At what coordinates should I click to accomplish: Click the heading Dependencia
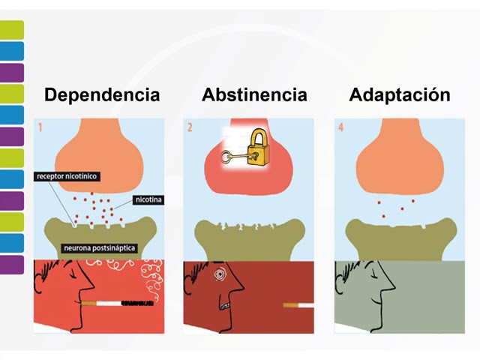pyautogui.click(x=102, y=95)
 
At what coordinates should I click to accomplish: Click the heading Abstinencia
pyautogui.click(x=254, y=95)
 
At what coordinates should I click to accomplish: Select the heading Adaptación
pyautogui.click(x=400, y=95)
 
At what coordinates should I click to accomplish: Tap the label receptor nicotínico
pyautogui.click(x=67, y=177)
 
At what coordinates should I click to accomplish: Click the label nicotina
pyautogui.click(x=148, y=199)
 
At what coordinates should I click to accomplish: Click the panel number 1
pyautogui.click(x=40, y=127)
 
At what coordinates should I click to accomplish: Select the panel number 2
pyautogui.click(x=190, y=127)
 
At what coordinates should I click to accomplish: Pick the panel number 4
pyautogui.click(x=340, y=127)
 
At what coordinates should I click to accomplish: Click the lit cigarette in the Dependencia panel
pyautogui.click(x=113, y=304)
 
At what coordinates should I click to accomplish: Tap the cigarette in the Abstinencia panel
pyautogui.click(x=298, y=305)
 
